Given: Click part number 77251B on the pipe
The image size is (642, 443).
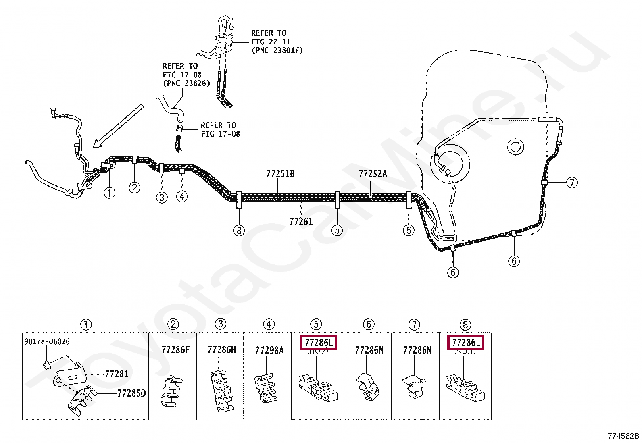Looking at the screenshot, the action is [280, 174].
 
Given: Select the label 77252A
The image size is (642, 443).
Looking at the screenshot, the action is [373, 174].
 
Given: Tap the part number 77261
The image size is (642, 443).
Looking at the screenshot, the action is [301, 221].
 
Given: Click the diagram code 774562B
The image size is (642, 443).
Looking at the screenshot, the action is [623, 436].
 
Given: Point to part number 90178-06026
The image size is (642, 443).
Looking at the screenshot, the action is [47, 342].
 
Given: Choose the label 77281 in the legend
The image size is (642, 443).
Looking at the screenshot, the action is [117, 374].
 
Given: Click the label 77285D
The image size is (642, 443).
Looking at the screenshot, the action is [131, 393].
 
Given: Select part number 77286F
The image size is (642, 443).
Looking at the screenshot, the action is [175, 350].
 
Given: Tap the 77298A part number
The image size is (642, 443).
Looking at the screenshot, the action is [269, 350].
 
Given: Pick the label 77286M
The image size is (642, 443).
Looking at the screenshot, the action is [369, 350].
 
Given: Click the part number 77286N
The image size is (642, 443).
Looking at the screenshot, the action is [417, 350].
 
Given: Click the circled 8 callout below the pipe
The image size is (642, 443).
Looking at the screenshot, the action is [239, 231].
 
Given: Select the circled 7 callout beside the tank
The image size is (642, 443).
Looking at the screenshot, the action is [572, 183].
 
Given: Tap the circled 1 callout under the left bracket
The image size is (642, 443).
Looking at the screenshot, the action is [109, 193].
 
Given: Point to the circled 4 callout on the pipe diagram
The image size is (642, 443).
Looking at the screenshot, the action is [182, 196].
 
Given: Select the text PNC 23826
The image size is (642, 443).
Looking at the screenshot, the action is [186, 83].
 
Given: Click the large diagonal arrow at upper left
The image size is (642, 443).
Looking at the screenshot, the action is [118, 125].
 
